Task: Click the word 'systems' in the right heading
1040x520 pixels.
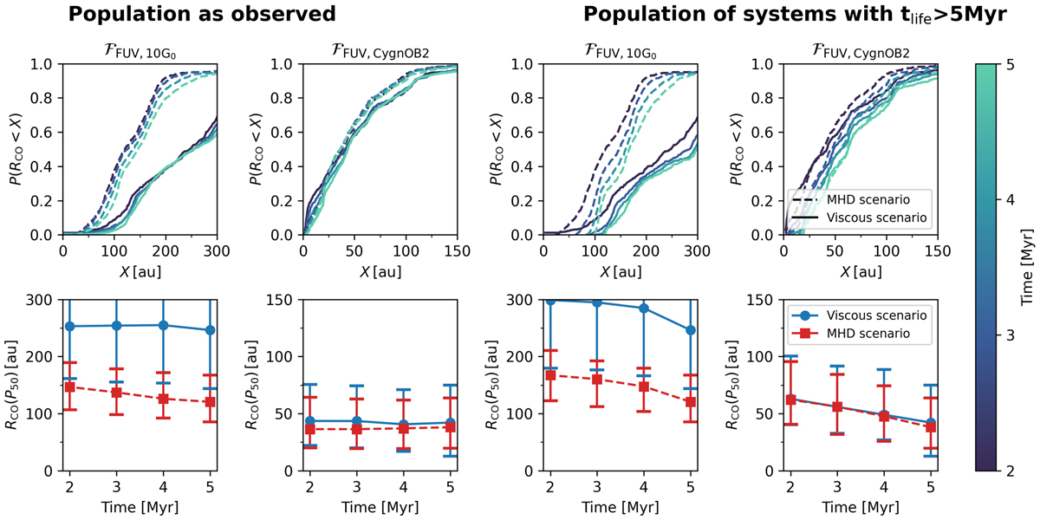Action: point(747,15)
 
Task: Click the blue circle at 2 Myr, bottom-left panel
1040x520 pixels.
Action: point(69,327)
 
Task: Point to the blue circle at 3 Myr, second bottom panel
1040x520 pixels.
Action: point(356,421)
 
